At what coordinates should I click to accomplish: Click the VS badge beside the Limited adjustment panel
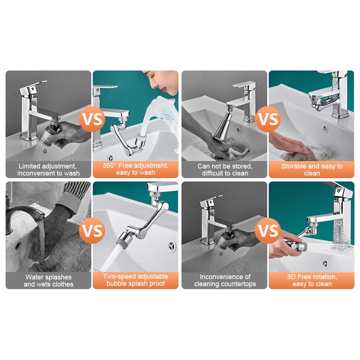click(x=92, y=119)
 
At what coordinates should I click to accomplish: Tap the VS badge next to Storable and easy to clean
click(x=268, y=119)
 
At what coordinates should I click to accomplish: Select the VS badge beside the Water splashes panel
click(x=92, y=230)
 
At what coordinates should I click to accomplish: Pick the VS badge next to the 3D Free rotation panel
click(x=268, y=230)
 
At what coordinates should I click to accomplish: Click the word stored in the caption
click(x=242, y=166)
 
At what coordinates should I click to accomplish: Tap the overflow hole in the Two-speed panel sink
click(x=171, y=246)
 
